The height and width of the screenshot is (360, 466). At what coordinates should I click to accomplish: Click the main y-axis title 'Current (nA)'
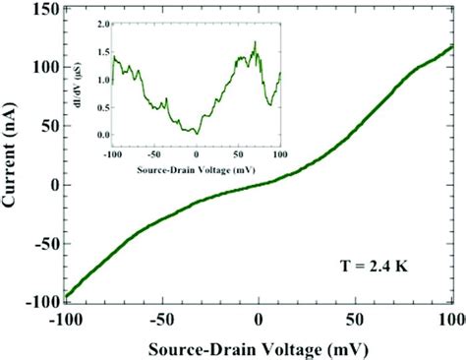click(13, 157)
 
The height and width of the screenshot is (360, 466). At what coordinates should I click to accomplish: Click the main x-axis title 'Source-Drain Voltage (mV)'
click(259, 348)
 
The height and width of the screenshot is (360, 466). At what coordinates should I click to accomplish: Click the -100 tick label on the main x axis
click(67, 320)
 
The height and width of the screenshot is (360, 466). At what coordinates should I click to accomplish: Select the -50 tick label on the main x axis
click(162, 320)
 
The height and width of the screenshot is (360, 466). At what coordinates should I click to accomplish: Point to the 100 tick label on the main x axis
click(450, 320)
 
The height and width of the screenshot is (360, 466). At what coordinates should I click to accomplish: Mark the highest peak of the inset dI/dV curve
click(255, 41)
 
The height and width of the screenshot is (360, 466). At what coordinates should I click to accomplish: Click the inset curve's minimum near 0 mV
click(197, 133)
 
